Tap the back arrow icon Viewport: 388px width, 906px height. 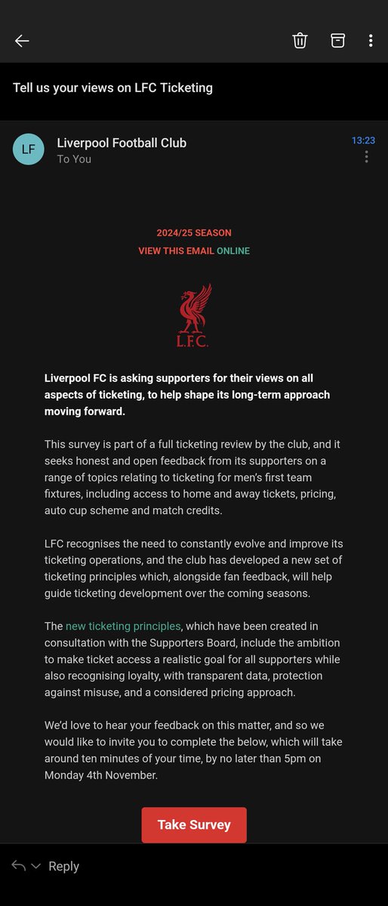22,41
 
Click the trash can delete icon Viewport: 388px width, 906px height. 300,41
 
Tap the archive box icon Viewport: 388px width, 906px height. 337,41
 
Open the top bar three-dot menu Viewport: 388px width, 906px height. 371,41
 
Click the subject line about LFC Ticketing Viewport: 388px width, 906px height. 112,88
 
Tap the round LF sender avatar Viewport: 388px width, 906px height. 28,149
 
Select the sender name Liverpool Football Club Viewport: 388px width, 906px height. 122,143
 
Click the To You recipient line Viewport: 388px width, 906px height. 74,159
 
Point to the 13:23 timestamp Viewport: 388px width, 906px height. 363,140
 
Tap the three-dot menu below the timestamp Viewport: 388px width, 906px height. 367,157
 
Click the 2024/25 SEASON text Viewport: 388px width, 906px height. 194,233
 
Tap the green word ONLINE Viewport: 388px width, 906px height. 233,251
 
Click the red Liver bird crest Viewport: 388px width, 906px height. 194,315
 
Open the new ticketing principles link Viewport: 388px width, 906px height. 123,626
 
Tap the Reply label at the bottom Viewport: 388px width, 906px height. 63,867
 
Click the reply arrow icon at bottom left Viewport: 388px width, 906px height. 19,866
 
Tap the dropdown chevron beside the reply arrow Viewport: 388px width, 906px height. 35,867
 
